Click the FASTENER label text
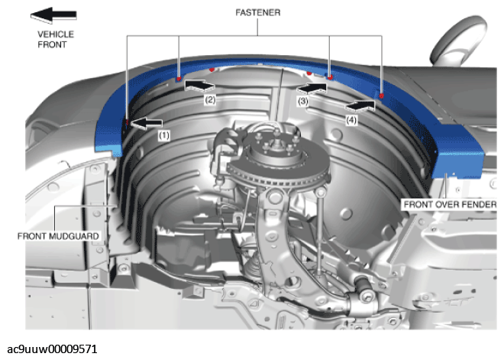tap(258, 12)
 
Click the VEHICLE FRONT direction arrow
tap(53, 15)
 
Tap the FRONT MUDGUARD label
tap(58, 236)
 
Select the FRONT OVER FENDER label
tap(450, 204)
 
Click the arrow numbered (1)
tap(147, 122)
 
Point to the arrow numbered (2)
tap(199, 86)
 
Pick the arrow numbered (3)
tap(312, 87)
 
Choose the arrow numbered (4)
tap(360, 105)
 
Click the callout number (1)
tap(163, 135)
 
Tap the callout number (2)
tap(210, 99)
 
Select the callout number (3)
tap(303, 102)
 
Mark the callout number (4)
tap(351, 120)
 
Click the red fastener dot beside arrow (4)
tap(382, 96)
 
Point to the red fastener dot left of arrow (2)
tap(179, 79)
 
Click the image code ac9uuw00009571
tap(52, 349)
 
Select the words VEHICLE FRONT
tap(56, 39)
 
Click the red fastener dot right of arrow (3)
tap(330, 77)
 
